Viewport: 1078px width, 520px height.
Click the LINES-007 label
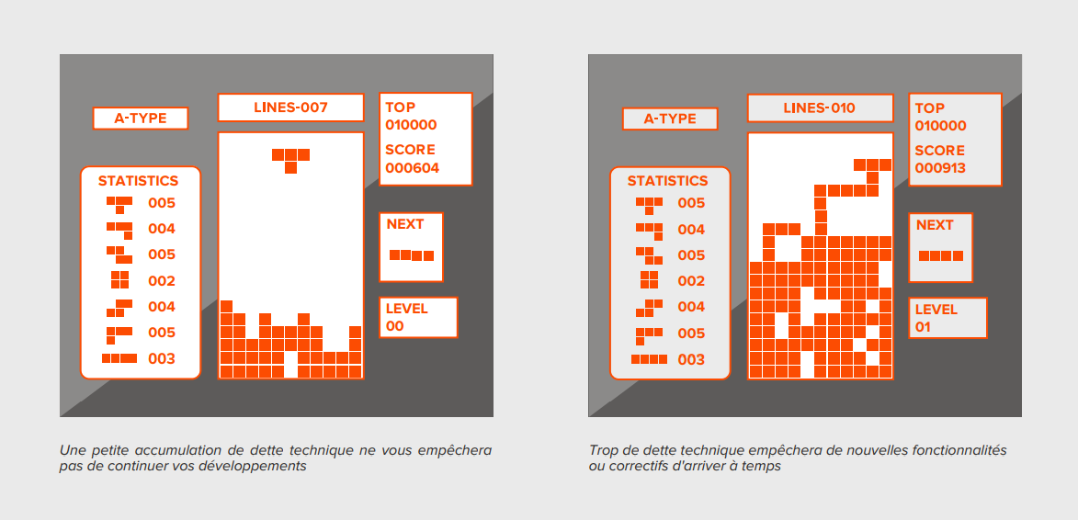[x=290, y=107]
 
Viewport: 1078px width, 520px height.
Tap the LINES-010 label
[x=819, y=108]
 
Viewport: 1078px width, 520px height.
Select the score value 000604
[x=412, y=168]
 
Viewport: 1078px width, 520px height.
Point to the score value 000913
[x=940, y=168]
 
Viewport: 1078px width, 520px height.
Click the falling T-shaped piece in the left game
[x=290, y=158]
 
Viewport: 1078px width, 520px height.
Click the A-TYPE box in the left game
[x=141, y=119]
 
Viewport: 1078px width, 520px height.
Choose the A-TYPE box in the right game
[x=670, y=119]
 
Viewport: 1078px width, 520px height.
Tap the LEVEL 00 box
[x=417, y=317]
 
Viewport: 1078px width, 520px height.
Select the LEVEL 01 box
[x=948, y=318]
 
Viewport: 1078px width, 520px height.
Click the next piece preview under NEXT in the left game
[x=411, y=255]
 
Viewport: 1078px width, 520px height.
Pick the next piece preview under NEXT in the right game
[x=940, y=256]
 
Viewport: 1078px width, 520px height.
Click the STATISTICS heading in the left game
[x=139, y=181]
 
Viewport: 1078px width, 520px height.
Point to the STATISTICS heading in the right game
[x=668, y=181]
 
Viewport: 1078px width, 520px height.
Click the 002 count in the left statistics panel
[x=162, y=281]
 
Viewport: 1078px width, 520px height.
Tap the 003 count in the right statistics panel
[x=691, y=359]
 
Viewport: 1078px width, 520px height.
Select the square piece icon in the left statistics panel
[x=119, y=280]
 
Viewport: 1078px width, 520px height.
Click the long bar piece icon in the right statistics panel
[x=649, y=359]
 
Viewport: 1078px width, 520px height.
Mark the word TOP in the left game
[x=400, y=107]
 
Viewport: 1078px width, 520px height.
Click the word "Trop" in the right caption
[x=603, y=451]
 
